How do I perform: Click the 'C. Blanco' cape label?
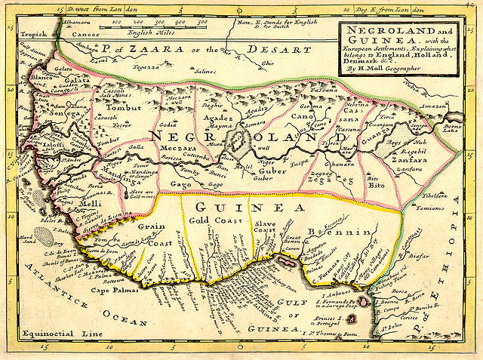point(35,78)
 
